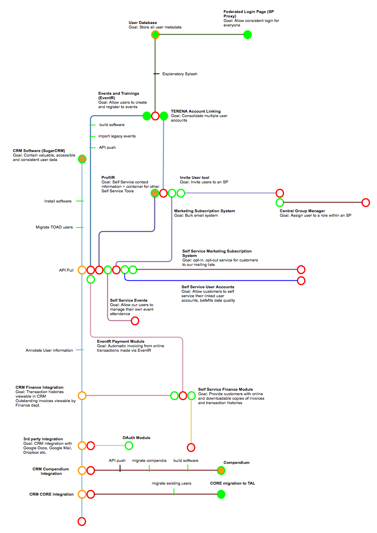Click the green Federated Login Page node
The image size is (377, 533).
click(x=247, y=35)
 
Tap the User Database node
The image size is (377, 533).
click(x=155, y=35)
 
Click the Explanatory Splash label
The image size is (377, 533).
click(x=180, y=74)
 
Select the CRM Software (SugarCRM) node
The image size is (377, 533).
click(x=82, y=159)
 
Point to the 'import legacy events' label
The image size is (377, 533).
click(x=117, y=136)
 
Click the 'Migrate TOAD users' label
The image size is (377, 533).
click(x=54, y=227)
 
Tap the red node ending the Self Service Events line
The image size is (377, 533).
click(x=135, y=321)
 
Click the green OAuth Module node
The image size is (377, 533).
click(x=129, y=446)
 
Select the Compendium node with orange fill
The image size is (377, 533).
click(x=221, y=470)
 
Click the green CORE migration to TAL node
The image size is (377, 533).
click(x=221, y=494)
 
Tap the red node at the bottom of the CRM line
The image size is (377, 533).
click(x=82, y=521)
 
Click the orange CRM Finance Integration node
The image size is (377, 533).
click(x=82, y=396)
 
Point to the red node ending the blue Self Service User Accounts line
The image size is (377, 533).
click(x=301, y=281)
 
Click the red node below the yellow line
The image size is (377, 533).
click(x=191, y=447)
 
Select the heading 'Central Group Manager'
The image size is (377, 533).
click(x=302, y=211)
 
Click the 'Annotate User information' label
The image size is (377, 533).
click(x=49, y=350)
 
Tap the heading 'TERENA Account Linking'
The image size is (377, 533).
click(x=196, y=111)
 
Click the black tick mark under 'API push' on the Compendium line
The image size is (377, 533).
click(x=120, y=468)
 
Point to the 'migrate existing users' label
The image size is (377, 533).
click(x=171, y=483)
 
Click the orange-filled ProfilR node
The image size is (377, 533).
click(x=155, y=193)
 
